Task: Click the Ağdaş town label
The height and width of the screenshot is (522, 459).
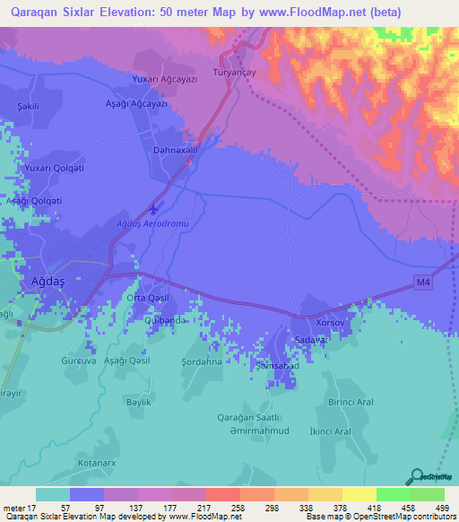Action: (39, 280)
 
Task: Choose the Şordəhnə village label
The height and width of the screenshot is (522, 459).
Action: (201, 362)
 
